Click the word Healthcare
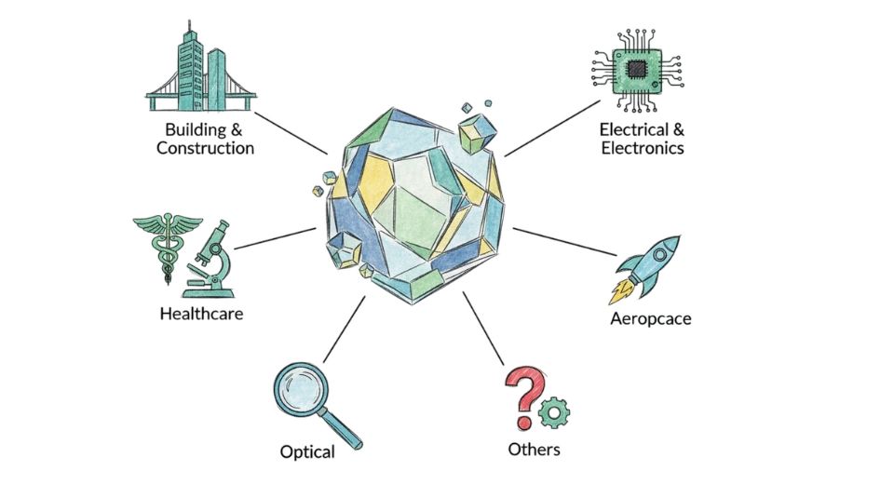[x=201, y=314]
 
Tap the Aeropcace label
[x=651, y=319]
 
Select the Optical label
[x=307, y=452]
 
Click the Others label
[x=534, y=450]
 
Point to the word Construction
[x=205, y=148]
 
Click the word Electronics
[x=643, y=148]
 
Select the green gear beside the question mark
[x=556, y=410]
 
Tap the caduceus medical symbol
[x=167, y=247]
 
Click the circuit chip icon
[x=636, y=67]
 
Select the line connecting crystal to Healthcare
[x=275, y=238]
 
